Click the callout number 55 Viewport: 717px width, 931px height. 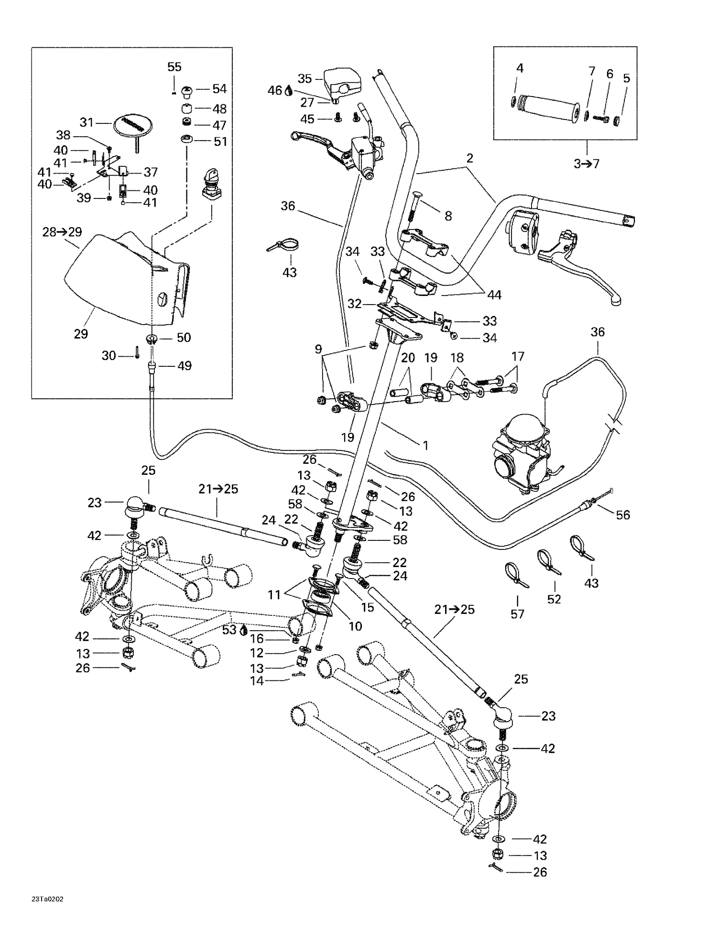click(x=174, y=67)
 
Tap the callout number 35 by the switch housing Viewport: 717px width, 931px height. click(x=304, y=78)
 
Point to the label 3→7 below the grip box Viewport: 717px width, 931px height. click(x=587, y=164)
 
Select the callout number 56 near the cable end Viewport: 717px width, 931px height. click(x=623, y=515)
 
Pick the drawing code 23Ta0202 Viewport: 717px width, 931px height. click(x=48, y=899)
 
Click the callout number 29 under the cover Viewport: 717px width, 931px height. click(x=81, y=334)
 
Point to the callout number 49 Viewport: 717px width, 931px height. click(x=185, y=366)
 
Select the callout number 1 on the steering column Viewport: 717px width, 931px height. click(x=425, y=446)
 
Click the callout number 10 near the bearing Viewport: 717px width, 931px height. click(x=355, y=626)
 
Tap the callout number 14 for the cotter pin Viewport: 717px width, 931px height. click(x=257, y=680)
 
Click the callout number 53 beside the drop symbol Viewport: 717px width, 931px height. click(x=229, y=630)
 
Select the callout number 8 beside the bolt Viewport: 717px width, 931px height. click(x=448, y=216)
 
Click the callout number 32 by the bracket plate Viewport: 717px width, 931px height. click(x=354, y=304)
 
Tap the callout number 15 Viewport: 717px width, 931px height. click(x=367, y=607)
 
